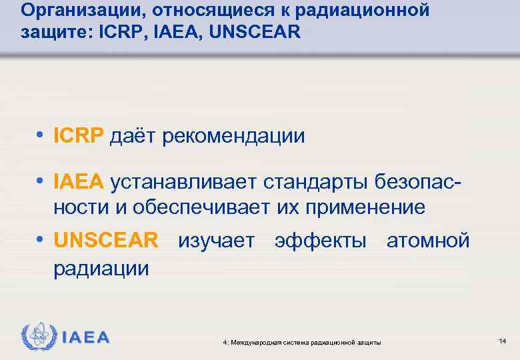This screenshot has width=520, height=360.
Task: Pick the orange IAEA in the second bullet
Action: (79, 181)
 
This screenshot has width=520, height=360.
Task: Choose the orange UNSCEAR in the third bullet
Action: (106, 240)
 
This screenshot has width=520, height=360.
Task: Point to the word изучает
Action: (216, 241)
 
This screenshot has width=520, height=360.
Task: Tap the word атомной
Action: (428, 241)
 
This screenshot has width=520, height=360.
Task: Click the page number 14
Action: (502, 341)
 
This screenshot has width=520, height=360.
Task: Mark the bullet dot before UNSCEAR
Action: (41, 241)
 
